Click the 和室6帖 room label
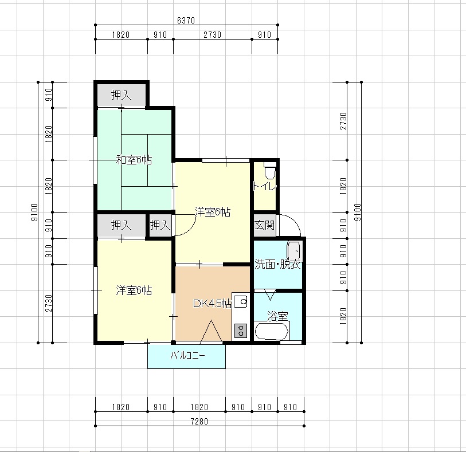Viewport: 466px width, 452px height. [x=134, y=160]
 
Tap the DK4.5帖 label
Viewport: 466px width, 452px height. [x=212, y=303]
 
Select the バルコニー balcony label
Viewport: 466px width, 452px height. [x=187, y=355]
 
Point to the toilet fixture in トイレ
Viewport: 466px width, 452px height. [x=270, y=170]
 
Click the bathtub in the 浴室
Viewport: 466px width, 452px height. [x=272, y=331]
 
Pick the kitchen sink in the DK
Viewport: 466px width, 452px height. [x=241, y=302]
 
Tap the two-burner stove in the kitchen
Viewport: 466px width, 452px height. [x=241, y=330]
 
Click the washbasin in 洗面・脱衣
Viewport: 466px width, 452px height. [x=293, y=251]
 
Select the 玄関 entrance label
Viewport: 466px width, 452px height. [x=264, y=225]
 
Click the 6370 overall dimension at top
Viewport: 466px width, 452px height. [x=186, y=20]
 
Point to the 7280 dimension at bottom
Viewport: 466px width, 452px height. [x=199, y=421]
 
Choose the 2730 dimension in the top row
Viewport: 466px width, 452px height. [x=212, y=35]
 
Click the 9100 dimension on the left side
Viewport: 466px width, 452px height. [x=34, y=212]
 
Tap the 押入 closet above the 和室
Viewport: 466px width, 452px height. [x=121, y=95]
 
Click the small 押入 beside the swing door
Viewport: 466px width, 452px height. [x=160, y=225]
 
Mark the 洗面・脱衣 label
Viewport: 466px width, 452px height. [x=277, y=264]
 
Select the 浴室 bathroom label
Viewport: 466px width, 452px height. [x=277, y=316]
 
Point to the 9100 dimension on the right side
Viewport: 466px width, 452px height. [x=358, y=212]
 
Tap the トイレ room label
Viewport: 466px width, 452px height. [x=265, y=186]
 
